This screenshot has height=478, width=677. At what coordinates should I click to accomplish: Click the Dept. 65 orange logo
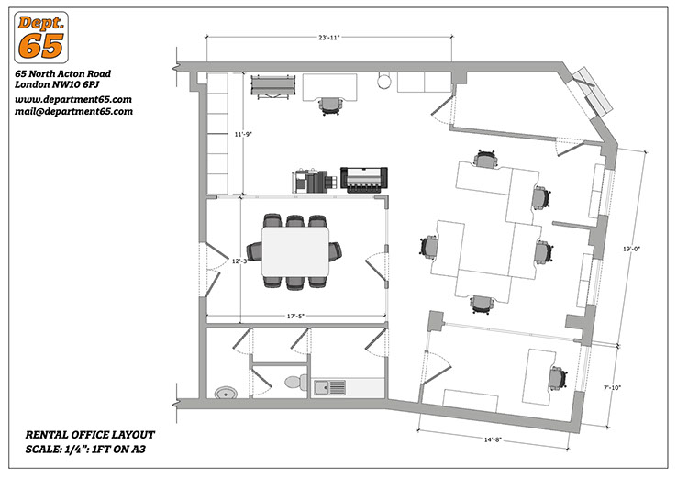(x=41, y=38)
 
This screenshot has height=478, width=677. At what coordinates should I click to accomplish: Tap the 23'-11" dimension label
(x=329, y=38)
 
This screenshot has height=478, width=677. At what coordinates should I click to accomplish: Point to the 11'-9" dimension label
(x=243, y=134)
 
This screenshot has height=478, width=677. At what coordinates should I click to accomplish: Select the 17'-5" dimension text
(x=295, y=317)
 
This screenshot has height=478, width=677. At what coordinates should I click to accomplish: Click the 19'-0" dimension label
(x=631, y=249)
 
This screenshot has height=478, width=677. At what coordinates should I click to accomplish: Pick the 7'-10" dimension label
(x=612, y=388)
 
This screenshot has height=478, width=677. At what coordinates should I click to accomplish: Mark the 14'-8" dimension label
(x=493, y=440)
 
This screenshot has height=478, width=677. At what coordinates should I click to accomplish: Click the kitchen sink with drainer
(x=330, y=387)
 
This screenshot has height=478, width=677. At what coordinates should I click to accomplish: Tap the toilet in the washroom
(x=296, y=382)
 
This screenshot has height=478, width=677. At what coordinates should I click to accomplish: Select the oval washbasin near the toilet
(x=226, y=393)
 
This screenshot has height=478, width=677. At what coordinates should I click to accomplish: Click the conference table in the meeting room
(x=295, y=251)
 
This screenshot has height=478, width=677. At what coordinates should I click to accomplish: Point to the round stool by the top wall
(x=383, y=82)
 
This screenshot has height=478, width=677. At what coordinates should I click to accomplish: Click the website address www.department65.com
(x=73, y=100)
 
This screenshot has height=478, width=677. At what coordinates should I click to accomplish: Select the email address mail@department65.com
(x=73, y=111)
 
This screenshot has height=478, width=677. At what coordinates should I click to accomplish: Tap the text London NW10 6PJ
(x=58, y=84)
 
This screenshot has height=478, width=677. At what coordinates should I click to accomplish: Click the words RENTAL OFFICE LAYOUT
(x=90, y=435)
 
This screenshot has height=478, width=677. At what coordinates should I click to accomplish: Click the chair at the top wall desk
(x=331, y=106)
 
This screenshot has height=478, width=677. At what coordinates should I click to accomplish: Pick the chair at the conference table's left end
(x=254, y=251)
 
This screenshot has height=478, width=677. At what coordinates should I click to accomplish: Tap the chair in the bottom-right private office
(x=559, y=378)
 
